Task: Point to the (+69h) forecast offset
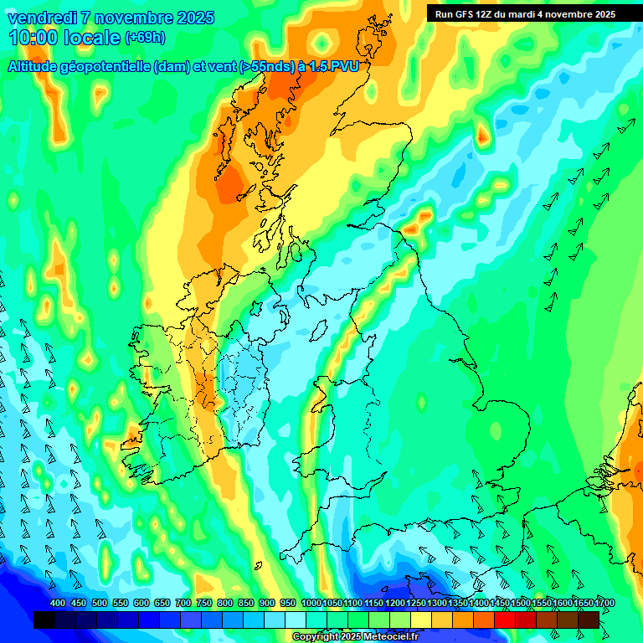[145, 38]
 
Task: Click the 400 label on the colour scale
[58, 604]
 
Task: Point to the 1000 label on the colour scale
[311, 604]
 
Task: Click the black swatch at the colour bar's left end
[44, 620]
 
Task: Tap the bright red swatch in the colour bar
[505, 620]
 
